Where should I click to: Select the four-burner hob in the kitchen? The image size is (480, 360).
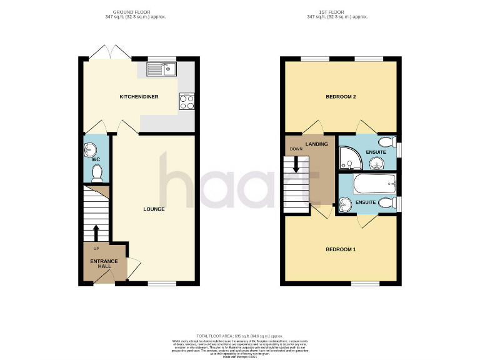pos(186,101)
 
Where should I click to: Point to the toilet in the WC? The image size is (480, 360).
pos(96,177)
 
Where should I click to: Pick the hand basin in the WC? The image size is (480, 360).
pos(90,149)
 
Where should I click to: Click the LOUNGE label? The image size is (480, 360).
pos(153,209)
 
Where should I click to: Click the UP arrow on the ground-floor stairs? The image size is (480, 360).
pos(96,232)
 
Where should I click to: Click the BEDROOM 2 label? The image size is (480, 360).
pos(340,97)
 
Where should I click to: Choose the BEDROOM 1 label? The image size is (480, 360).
pos(340,249)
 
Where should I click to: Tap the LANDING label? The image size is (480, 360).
pos(317,144)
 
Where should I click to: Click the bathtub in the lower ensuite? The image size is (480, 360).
pos(373,186)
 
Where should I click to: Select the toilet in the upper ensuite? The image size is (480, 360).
pos(386,141)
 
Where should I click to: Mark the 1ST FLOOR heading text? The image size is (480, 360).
pos(340,12)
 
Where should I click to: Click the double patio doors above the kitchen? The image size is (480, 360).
pos(110,52)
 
